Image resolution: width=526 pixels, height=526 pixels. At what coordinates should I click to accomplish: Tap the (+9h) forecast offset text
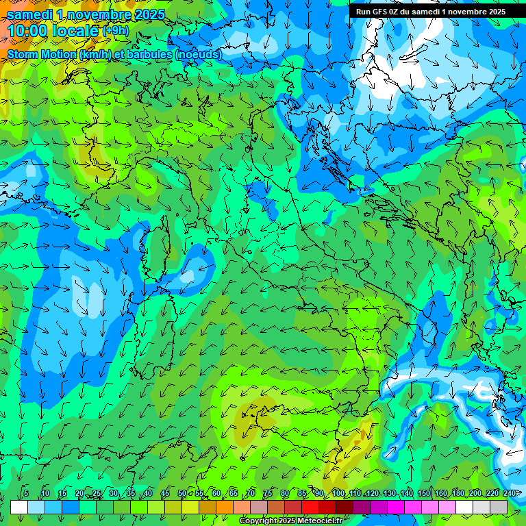point(116,30)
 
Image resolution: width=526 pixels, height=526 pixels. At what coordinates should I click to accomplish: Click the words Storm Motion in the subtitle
point(42,54)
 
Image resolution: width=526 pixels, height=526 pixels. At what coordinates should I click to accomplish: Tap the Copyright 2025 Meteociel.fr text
point(290,521)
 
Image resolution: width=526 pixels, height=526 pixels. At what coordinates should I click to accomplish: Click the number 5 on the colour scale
point(26,494)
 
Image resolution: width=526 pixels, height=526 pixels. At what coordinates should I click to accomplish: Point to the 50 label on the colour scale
point(181,494)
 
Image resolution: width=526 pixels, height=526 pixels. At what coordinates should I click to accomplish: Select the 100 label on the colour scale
point(338,494)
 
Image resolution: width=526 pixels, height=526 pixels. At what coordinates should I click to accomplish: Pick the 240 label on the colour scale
point(509,494)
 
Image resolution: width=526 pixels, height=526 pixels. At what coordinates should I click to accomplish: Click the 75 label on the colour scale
point(268,494)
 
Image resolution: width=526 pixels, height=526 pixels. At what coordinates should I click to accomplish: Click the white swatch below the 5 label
point(19,507)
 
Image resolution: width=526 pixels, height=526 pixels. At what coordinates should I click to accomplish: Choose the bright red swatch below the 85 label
point(310,507)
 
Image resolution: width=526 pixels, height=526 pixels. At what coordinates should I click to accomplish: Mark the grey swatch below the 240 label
point(499,507)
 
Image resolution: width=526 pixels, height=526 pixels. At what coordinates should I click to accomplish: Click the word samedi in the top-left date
point(29,14)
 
